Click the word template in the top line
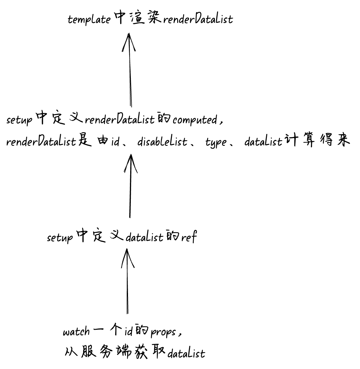coord(89,19)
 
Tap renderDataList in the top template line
coord(198,19)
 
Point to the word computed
coord(195,120)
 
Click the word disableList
coord(162,142)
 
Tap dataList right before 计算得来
coord(263,142)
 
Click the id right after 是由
coord(115,142)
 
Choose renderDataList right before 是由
coord(41,142)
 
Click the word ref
coord(189,237)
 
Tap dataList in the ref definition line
coord(144,237)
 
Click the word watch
coord(76,332)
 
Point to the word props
coord(163,332)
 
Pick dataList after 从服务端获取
coord(186,354)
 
